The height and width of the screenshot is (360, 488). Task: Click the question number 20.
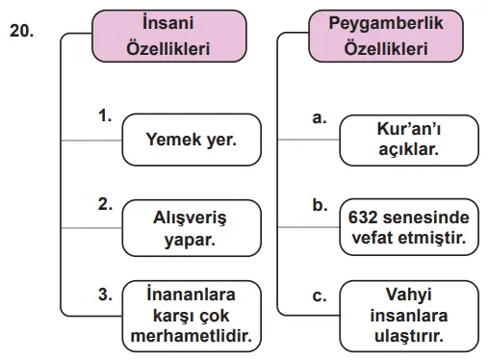(21, 31)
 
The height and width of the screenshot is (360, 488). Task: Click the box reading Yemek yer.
(191, 141)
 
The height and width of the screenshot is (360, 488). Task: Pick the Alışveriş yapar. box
(191, 228)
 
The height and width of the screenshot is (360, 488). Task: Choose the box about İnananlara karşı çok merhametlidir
(191, 314)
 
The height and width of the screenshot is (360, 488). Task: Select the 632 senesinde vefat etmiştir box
(408, 227)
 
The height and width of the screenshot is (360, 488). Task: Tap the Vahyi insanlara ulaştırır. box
(408, 314)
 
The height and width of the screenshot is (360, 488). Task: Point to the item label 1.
(106, 116)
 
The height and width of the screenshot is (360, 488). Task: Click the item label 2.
(106, 203)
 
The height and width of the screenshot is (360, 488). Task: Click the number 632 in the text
(365, 217)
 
